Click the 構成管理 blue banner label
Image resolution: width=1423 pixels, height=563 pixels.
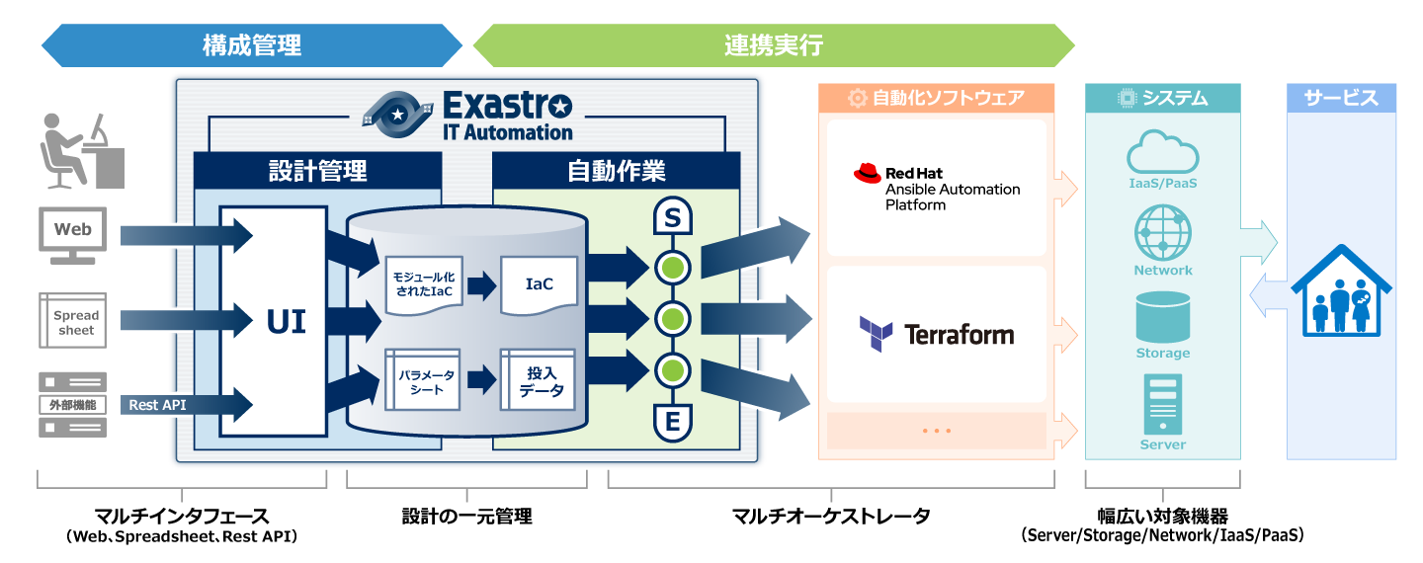point(252,45)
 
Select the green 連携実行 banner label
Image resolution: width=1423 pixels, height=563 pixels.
point(774,45)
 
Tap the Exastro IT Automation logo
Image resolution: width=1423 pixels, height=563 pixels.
point(467,116)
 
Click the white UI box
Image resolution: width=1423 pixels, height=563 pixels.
point(273,321)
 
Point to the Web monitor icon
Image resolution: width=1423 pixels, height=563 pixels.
point(72,234)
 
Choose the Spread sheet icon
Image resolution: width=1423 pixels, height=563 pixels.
point(72,320)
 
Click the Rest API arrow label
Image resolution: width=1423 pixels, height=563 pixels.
point(158,405)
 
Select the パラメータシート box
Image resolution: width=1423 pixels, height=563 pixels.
point(423,381)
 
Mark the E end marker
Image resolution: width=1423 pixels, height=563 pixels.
point(672,422)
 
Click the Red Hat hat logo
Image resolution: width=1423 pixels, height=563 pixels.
point(867,174)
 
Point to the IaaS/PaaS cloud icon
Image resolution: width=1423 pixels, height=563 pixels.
point(1162,152)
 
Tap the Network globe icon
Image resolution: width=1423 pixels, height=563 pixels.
point(1162,233)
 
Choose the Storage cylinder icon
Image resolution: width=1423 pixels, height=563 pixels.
point(1162,316)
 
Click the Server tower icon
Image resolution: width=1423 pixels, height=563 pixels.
point(1162,403)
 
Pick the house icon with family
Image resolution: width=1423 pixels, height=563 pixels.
point(1341,293)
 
